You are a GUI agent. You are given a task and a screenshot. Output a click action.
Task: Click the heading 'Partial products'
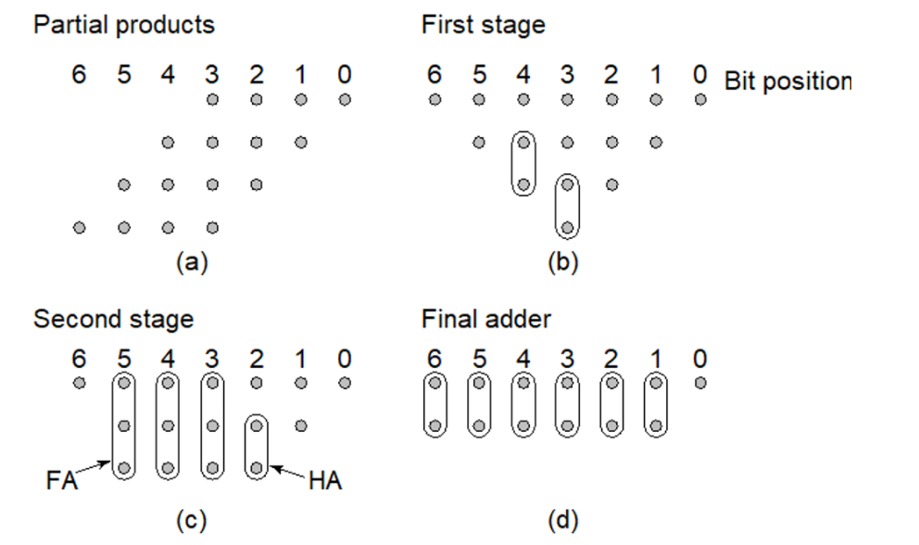pyautogui.click(x=123, y=24)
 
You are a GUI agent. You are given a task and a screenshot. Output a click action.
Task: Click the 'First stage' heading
pyautogui.click(x=483, y=24)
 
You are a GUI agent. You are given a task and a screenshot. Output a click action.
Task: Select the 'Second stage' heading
pyautogui.click(x=113, y=320)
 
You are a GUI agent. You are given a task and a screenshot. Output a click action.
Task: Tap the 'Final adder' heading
pyautogui.click(x=485, y=320)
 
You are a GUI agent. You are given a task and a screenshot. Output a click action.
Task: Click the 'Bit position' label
pyautogui.click(x=787, y=81)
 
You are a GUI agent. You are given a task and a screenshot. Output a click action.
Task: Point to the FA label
pyautogui.click(x=60, y=482)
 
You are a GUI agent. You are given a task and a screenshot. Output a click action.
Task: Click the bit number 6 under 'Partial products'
pyautogui.click(x=79, y=74)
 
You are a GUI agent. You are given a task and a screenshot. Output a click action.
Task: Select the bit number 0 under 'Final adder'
pyautogui.click(x=700, y=358)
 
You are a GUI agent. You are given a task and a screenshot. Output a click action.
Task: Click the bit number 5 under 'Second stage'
pyautogui.click(x=123, y=358)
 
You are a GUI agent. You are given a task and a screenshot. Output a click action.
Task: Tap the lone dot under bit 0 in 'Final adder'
pyautogui.click(x=700, y=382)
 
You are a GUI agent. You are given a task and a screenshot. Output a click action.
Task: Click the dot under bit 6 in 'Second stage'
pyautogui.click(x=79, y=382)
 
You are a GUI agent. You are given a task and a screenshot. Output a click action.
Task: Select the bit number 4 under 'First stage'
pyautogui.click(x=523, y=74)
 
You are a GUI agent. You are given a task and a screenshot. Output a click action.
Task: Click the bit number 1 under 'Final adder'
pyautogui.click(x=656, y=358)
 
